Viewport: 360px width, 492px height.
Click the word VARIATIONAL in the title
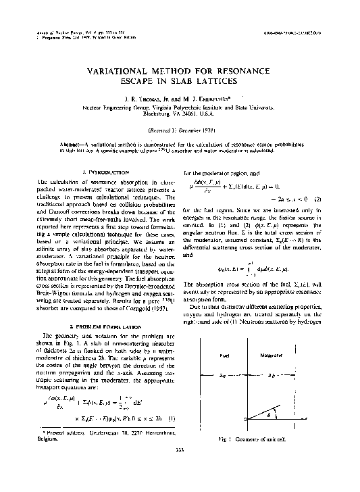(120, 71)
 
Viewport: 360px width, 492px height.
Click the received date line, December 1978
(180, 129)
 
